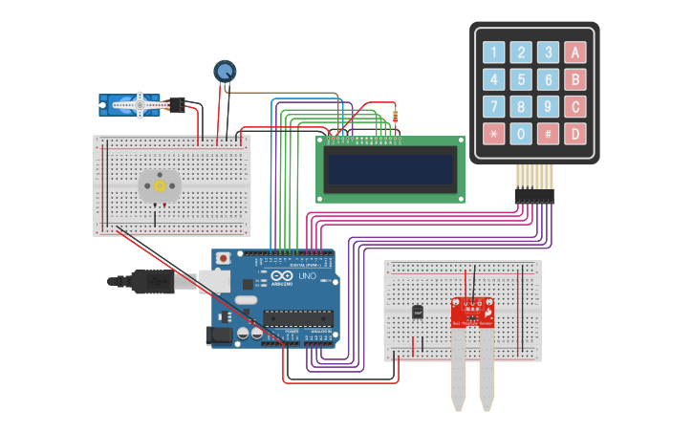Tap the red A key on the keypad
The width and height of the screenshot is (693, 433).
575,53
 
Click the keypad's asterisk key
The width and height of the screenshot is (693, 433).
493,133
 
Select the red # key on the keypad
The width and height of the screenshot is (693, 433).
548,133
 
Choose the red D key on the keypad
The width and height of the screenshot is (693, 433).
575,133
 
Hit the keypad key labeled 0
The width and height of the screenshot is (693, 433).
521,133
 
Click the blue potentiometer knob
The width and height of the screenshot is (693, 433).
225,71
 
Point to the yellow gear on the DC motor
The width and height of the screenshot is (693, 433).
159,186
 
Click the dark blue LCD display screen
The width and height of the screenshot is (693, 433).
390,169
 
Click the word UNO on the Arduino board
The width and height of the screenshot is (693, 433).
307,276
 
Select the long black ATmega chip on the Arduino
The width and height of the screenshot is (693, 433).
298,318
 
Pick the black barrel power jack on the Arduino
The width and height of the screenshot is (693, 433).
219,336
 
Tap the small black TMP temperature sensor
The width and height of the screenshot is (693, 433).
418,312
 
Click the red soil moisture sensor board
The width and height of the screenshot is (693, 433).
472,312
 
